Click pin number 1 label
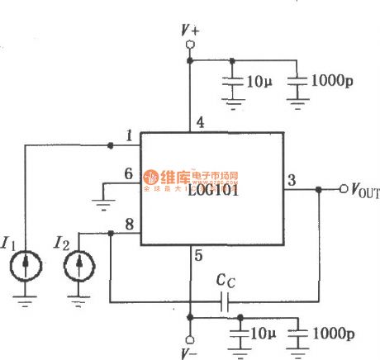[x=129, y=135]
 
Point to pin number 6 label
[x=128, y=173]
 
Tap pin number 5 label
[x=198, y=256]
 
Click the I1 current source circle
[x=26, y=268]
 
